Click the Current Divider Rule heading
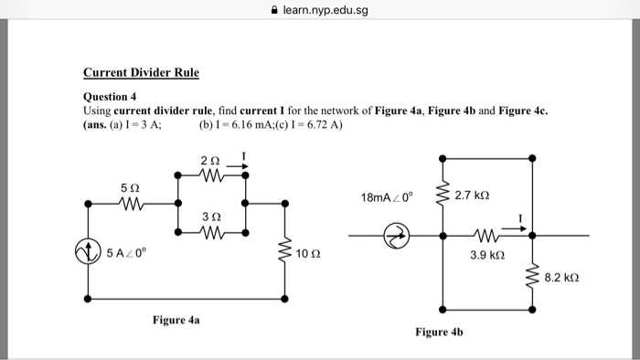click(141, 72)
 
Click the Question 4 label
click(110, 96)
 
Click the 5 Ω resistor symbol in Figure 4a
click(130, 203)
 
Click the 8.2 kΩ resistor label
click(563, 275)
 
